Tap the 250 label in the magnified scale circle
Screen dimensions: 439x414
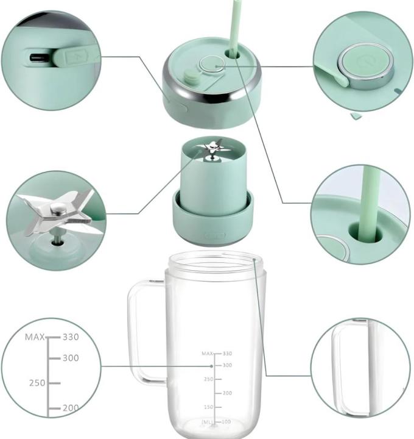(38, 383)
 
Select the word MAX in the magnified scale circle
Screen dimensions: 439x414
(35, 337)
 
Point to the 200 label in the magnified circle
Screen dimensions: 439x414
(71, 407)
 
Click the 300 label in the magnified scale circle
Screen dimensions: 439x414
(71, 358)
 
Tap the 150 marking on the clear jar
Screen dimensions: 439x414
(208, 407)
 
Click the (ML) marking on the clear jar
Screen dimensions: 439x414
(208, 422)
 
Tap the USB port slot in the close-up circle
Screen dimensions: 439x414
(42, 59)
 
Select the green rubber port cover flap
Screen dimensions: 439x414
(76, 56)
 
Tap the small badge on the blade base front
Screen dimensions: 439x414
(216, 234)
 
